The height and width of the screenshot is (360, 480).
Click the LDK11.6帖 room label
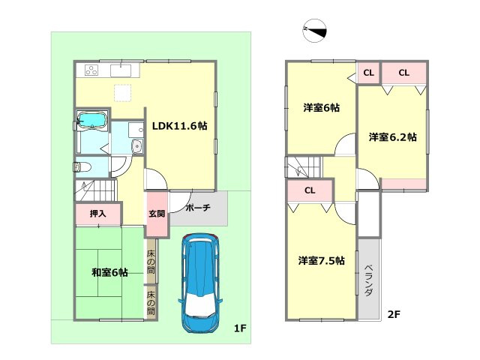179,126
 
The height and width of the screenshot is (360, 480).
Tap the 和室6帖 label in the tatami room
109,272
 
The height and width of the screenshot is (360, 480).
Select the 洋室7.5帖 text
321,261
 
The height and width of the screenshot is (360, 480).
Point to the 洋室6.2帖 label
392,138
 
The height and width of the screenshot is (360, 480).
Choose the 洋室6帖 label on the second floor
321,108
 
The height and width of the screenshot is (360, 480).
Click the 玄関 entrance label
156,214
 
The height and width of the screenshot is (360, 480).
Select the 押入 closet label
97,214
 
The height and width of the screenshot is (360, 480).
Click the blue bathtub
93,120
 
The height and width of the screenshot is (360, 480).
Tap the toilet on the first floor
82,167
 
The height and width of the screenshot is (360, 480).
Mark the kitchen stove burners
91,71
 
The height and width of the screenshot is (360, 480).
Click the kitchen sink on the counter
121,71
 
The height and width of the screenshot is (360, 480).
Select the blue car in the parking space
199,281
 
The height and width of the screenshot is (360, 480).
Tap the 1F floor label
239,328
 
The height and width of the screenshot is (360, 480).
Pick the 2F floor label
394,314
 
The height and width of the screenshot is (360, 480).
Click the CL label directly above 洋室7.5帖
309,190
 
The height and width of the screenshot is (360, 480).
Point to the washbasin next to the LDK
136,146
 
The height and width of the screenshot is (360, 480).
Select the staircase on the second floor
302,166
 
